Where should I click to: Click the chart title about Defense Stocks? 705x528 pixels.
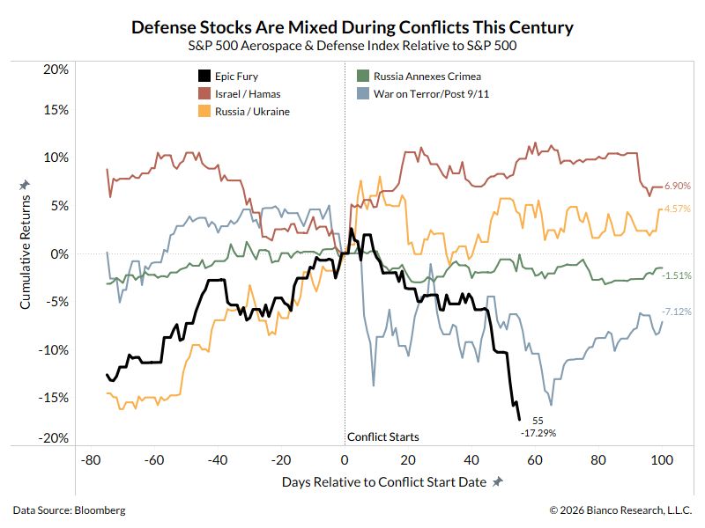pos(352,27)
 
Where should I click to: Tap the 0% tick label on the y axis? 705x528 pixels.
pos(58,253)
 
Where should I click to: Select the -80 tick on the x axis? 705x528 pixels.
pos(89,460)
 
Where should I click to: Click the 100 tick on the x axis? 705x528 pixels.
pos(662,460)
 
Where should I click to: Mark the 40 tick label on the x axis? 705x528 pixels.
pos(471,460)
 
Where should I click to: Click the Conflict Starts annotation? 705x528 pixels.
pos(382,436)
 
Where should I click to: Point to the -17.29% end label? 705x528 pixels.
pos(538,433)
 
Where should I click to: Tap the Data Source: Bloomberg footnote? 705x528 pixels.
pos(69,510)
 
